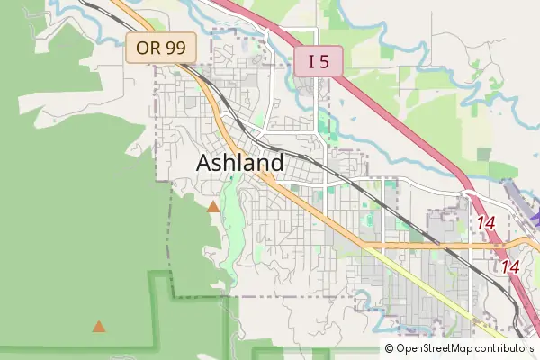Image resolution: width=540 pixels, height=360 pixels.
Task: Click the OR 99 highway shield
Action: (x=161, y=49)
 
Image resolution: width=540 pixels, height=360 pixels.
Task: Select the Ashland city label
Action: (x=239, y=164)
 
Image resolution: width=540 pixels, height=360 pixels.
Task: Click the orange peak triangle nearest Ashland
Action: (x=213, y=207)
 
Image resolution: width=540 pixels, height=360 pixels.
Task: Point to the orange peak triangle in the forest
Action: (x=99, y=327)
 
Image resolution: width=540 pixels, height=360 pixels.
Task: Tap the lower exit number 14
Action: (x=511, y=266)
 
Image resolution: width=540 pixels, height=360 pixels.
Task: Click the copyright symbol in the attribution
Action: (x=390, y=348)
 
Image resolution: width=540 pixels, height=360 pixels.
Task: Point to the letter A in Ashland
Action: (x=204, y=164)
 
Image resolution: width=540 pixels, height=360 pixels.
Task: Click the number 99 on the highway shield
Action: (x=175, y=49)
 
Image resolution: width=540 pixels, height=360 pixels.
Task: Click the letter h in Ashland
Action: (x=231, y=164)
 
